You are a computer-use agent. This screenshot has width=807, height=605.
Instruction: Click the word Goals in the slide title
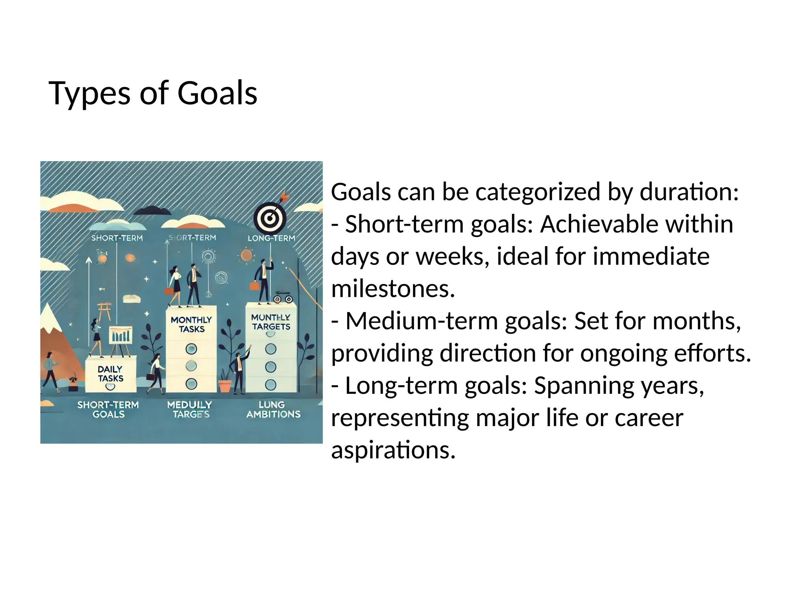tap(217, 93)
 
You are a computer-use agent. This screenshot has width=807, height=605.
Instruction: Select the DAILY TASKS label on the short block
tap(110, 374)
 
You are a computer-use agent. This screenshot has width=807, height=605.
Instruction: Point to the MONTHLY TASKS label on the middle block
tap(191, 324)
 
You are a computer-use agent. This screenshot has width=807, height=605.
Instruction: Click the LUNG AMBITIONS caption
tap(273, 409)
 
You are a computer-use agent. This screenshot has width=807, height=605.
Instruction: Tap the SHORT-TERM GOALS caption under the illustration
tap(108, 409)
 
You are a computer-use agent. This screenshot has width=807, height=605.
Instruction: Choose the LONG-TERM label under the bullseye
tap(271, 238)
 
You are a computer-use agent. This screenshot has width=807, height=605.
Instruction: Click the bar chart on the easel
tap(121, 336)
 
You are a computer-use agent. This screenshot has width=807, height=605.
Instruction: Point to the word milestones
tap(393, 289)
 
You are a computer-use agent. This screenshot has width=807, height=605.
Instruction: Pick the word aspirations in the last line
tap(393, 450)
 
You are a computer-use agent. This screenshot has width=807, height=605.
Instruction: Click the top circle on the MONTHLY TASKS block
tap(191, 349)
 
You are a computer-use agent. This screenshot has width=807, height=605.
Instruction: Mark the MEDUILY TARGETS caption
tap(190, 409)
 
